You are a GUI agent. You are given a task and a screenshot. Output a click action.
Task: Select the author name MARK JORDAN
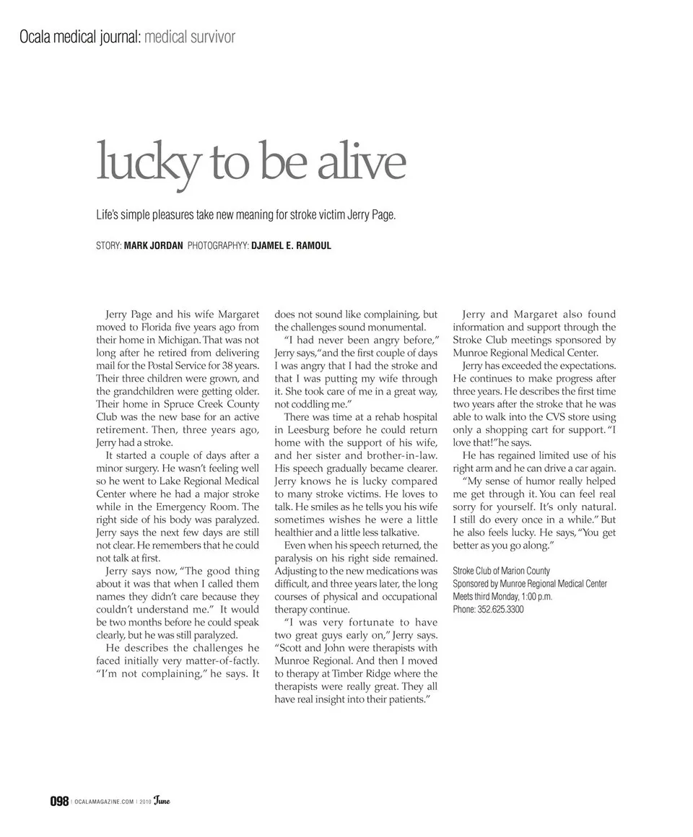click(153, 246)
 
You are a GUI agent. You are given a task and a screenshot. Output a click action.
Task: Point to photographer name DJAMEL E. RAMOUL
click(291, 246)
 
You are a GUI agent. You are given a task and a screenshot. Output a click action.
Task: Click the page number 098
click(59, 802)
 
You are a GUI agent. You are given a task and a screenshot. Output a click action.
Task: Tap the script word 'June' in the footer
click(161, 801)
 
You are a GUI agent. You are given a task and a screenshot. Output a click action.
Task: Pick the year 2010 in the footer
click(144, 802)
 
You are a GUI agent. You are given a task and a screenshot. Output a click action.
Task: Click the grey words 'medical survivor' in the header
click(190, 37)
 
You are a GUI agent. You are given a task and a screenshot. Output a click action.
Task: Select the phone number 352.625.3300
click(500, 610)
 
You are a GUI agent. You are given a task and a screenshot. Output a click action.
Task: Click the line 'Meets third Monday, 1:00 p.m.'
click(502, 597)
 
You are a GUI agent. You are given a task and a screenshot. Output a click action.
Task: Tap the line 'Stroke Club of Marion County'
click(501, 571)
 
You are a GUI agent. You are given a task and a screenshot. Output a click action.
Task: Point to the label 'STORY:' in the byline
click(108, 246)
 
